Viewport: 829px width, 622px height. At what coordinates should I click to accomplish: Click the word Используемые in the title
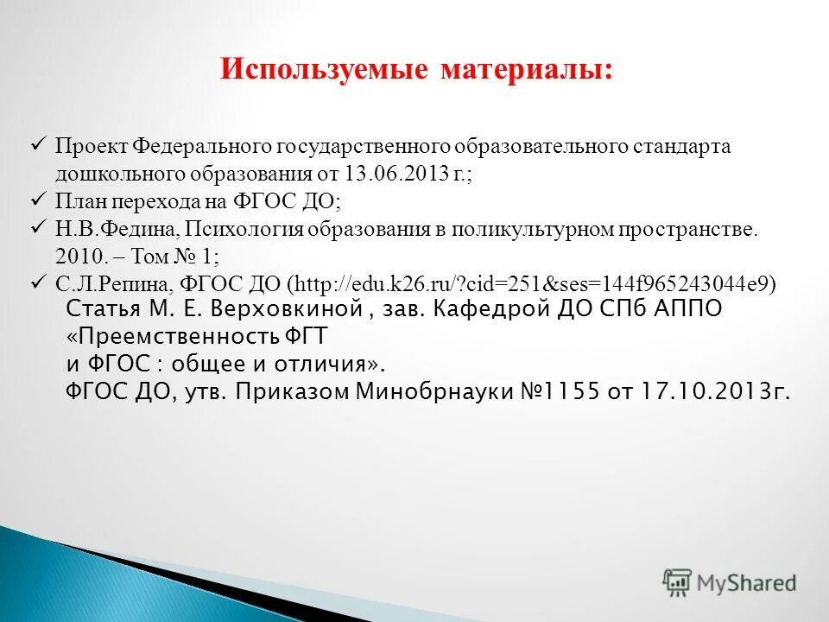pos(324,70)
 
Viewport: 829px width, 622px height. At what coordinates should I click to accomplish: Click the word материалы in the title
pos(528,70)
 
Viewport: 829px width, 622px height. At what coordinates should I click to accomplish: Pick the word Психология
pos(239,229)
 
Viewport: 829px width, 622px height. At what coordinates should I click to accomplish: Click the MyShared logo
pos(731,582)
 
